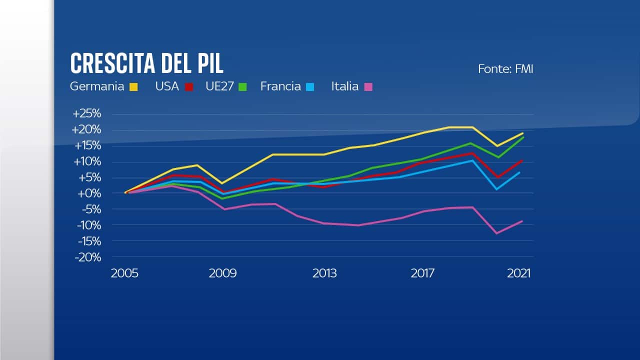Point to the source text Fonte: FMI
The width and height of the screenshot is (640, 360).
tap(505, 69)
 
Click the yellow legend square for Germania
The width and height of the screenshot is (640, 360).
tap(133, 87)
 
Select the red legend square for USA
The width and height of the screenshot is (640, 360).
tap(188, 87)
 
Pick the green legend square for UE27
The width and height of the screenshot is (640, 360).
tap(242, 87)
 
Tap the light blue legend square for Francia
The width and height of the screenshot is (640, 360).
tap(310, 87)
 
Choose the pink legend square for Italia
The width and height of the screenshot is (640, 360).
tap(368, 87)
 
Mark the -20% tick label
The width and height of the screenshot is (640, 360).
tap(88, 257)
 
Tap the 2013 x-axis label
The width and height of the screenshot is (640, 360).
tap(324, 273)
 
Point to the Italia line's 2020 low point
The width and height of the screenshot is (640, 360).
tap(497, 233)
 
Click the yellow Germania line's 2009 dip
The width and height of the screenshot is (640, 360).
tap(222, 183)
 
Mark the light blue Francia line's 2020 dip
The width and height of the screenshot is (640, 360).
tap(497, 189)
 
